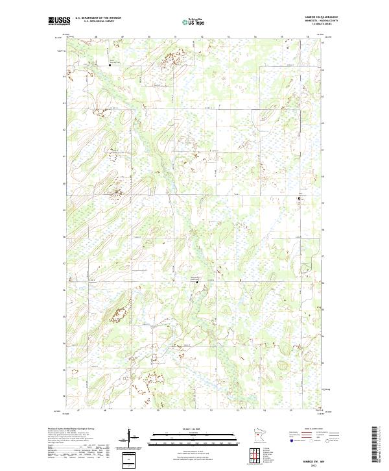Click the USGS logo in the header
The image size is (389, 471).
click(x=59, y=21)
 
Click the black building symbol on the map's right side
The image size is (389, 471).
click(x=299, y=198)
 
